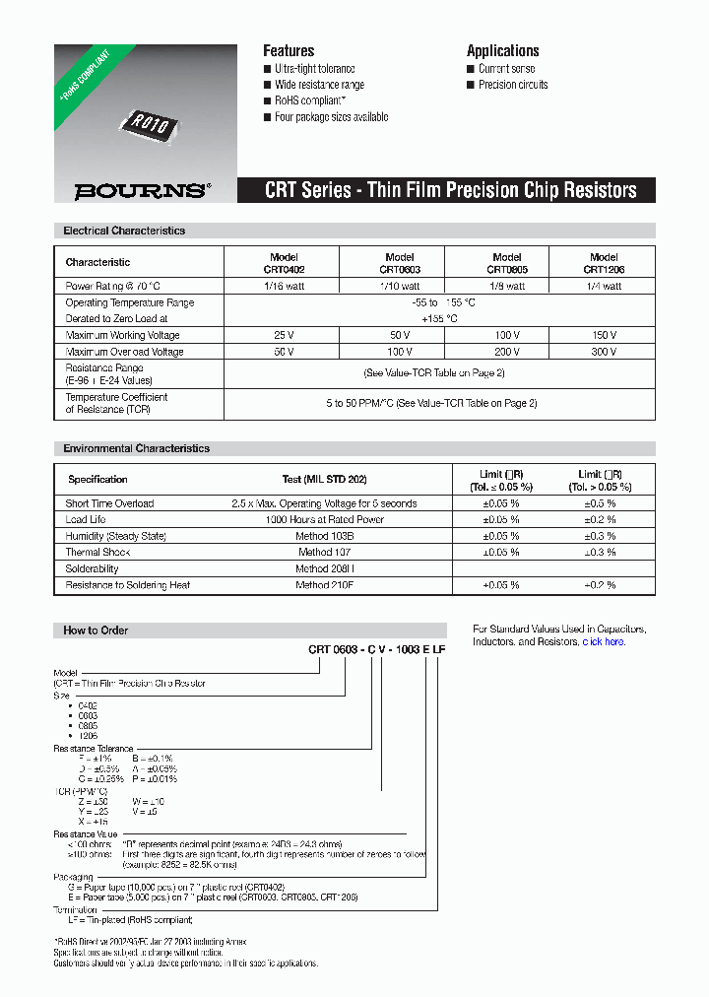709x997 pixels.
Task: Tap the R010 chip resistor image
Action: pyautogui.click(x=150, y=124)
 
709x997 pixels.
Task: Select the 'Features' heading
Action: pyautogui.click(x=289, y=51)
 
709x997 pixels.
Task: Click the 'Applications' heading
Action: pyautogui.click(x=502, y=51)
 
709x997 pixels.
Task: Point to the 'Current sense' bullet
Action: pyautogui.click(x=506, y=69)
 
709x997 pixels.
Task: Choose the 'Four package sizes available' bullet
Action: pyautogui.click(x=331, y=117)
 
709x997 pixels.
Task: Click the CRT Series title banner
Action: pyautogui.click(x=451, y=190)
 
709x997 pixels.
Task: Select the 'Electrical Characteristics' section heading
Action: pyautogui.click(x=124, y=231)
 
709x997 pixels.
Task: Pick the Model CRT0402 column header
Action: pyautogui.click(x=284, y=263)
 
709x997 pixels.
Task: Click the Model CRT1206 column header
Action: pyautogui.click(x=603, y=263)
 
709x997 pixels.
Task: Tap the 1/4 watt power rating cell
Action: pyautogui.click(x=603, y=287)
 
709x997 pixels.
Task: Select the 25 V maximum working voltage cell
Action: pyautogui.click(x=284, y=336)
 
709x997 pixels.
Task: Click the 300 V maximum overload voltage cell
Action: pyautogui.click(x=603, y=352)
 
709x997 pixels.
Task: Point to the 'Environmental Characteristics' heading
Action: pyautogui.click(x=136, y=448)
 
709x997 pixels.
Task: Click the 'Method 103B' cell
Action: pyautogui.click(x=324, y=536)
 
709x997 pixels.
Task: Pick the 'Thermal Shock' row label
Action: pyautogui.click(x=97, y=553)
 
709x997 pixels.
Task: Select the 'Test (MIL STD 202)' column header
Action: pyautogui.click(x=324, y=480)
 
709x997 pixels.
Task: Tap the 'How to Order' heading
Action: pyautogui.click(x=96, y=631)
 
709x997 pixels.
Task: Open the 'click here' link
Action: pyautogui.click(x=603, y=642)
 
